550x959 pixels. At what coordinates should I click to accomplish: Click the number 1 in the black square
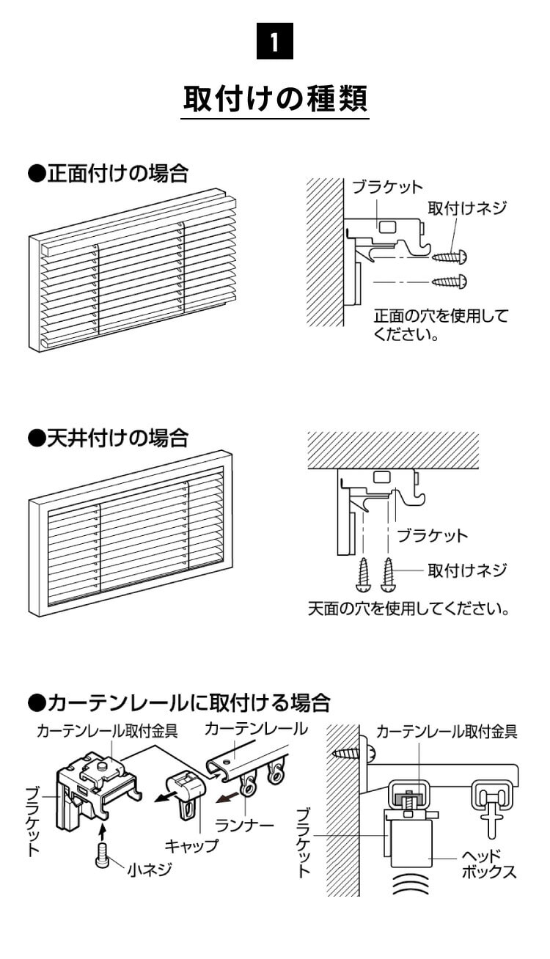274,42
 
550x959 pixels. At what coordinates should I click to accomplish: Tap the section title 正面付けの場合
108,174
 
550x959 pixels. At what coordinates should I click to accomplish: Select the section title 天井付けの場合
108,438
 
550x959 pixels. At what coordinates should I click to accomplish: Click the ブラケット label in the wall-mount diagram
386,188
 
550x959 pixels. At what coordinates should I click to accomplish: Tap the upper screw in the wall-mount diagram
450,257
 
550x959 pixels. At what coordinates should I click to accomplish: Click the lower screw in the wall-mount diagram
450,281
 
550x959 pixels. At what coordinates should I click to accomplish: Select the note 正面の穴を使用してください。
440,326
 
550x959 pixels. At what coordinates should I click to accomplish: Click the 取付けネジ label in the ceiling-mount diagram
467,569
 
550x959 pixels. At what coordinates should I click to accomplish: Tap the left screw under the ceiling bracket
364,575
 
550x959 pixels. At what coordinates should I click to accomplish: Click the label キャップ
191,845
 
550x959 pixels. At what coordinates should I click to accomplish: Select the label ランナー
245,826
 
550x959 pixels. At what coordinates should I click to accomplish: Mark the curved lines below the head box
410,886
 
